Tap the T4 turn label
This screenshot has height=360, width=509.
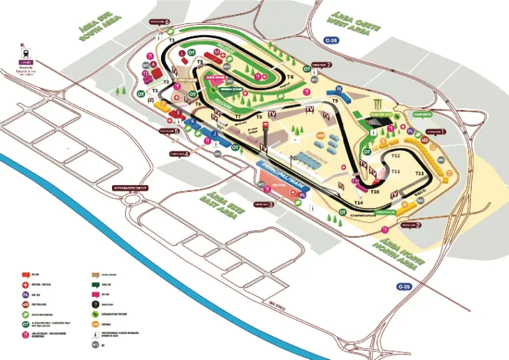(x=290, y=59)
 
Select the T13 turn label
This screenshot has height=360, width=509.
(x=419, y=173)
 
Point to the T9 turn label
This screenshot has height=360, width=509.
(x=334, y=101)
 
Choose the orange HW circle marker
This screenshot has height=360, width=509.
(x=321, y=135)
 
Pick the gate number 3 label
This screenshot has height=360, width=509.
(x=263, y=204)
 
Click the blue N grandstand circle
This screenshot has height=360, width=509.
(x=339, y=89)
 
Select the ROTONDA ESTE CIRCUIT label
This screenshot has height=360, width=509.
(x=130, y=188)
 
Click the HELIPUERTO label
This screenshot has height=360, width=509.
(x=422, y=114)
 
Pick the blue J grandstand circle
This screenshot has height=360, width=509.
(x=214, y=134)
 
